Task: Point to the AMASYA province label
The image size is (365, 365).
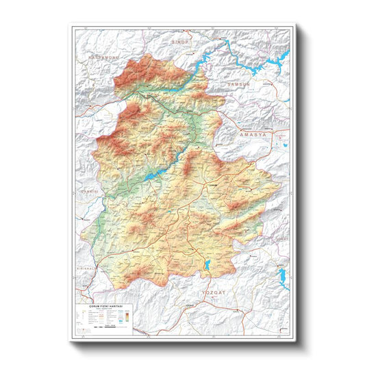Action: point(254,136)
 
